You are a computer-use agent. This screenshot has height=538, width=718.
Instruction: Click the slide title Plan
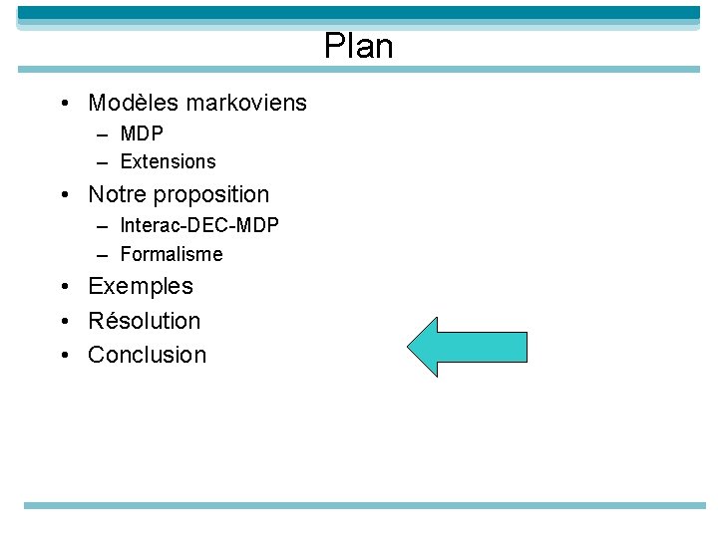358,46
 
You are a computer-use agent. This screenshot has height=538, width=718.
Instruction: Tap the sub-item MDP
142,134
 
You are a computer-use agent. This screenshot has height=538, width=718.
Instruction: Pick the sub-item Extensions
168,161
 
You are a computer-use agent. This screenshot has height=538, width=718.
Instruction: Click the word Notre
119,194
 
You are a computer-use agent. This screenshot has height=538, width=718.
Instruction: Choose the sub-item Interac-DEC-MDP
199,225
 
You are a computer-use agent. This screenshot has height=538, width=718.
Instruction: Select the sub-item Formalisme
172,254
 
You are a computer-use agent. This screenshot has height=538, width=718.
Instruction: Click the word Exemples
141,287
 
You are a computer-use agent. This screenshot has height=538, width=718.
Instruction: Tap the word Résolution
145,321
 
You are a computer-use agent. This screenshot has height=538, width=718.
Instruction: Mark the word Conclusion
147,355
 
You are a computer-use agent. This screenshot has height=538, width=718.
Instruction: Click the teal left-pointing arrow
466,347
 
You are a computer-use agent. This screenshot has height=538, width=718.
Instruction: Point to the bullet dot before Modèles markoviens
64,104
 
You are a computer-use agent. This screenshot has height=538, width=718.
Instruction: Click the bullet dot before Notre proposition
64,195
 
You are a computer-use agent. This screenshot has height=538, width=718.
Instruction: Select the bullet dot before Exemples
64,287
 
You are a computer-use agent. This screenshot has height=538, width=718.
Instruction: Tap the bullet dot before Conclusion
64,356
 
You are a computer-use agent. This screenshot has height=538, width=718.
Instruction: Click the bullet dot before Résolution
64,322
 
